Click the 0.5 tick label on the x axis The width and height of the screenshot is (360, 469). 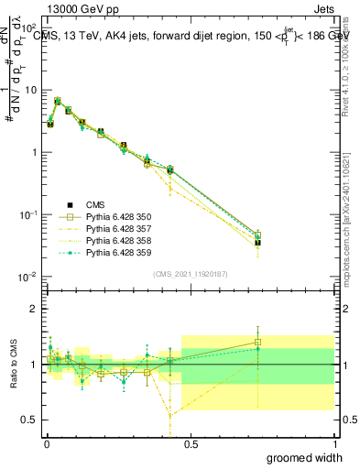coord(191,444)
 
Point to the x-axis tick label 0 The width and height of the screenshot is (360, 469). coord(46,444)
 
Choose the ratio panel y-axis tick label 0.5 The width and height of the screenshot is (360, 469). coord(29,420)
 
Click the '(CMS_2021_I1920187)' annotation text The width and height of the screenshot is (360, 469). coord(191,273)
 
